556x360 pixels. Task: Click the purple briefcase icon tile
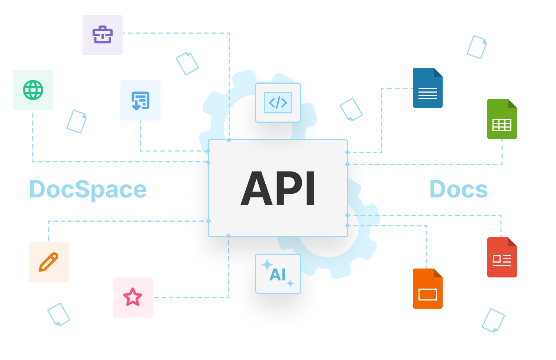click(x=103, y=35)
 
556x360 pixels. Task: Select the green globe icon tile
click(x=33, y=90)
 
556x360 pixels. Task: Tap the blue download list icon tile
click(x=140, y=100)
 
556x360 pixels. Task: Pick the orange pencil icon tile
click(x=49, y=262)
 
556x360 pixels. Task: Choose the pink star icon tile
click(x=133, y=298)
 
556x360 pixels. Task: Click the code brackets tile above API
click(x=278, y=103)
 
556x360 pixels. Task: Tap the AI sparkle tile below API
click(x=278, y=274)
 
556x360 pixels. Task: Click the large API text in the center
click(x=278, y=188)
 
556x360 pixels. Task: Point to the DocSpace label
click(x=88, y=190)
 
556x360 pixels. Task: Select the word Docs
click(x=458, y=190)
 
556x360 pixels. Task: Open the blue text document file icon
click(x=427, y=88)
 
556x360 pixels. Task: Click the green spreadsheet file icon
click(x=502, y=119)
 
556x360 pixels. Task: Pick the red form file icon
click(x=502, y=258)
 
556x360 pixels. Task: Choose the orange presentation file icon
click(x=427, y=289)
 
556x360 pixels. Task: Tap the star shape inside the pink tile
click(x=133, y=297)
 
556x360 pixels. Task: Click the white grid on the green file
click(x=502, y=125)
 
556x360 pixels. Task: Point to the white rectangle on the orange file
click(x=427, y=295)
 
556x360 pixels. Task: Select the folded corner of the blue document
click(x=438, y=72)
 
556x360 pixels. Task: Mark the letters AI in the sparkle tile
click(x=278, y=275)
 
